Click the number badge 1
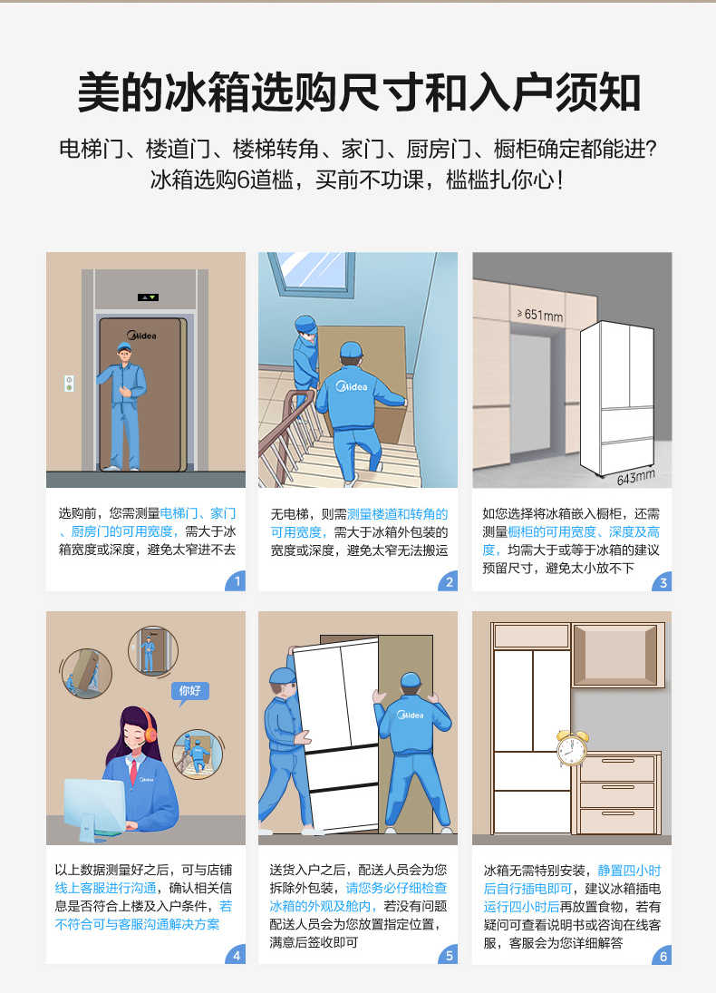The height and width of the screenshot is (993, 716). tap(237, 582)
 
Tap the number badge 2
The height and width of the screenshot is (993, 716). tap(450, 582)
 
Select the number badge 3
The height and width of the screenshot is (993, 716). tap(663, 582)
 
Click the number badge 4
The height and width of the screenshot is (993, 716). tap(237, 955)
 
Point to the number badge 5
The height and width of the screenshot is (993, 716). tap(450, 955)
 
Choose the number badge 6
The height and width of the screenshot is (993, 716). tap(663, 955)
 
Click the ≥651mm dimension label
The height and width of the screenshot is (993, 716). tap(539, 315)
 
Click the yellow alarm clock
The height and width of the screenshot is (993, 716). tap(571, 749)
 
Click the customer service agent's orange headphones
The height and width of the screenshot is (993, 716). tap(148, 725)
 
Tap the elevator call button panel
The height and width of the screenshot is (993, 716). tap(69, 383)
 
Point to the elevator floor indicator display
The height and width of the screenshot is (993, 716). tap(147, 297)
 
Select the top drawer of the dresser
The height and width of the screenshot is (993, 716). tap(616, 768)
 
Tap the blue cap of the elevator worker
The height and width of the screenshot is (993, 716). tap(124, 347)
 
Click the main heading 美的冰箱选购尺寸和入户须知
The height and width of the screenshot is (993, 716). tap(358, 92)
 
